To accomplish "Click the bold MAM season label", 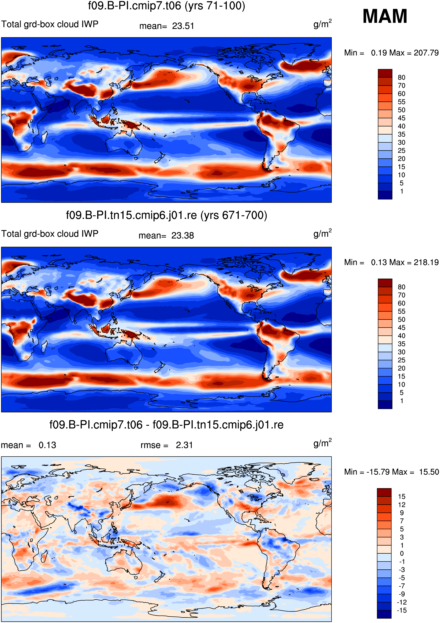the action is (385, 16).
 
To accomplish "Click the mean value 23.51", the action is (183, 26).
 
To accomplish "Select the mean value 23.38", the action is (183, 236).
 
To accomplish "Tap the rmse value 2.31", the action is (184, 445).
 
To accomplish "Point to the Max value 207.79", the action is (426, 53).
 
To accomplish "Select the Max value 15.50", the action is (429, 472).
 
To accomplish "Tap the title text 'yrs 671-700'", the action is (234, 215).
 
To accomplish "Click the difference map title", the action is (166, 425).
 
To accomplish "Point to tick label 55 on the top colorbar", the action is (401, 102).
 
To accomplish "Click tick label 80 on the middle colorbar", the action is (401, 287).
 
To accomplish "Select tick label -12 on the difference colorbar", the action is (402, 602).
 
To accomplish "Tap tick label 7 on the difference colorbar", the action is (402, 521).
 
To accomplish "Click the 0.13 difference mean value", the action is (47, 445).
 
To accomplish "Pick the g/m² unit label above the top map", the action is (323, 24).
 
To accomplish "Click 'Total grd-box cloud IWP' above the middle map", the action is (50, 234).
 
